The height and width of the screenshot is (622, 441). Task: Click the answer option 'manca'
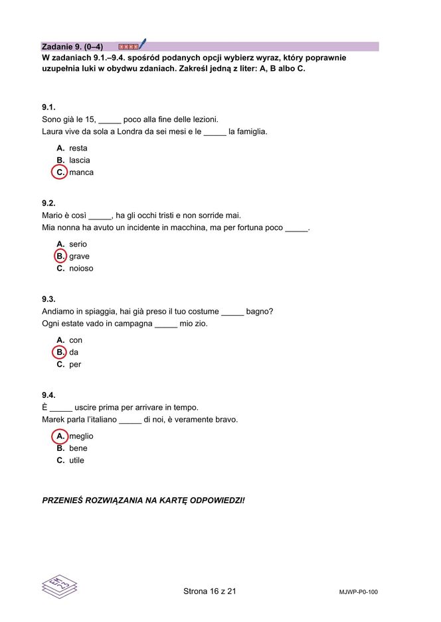(x=81, y=172)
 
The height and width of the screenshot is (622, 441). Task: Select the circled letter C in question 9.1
(x=60, y=172)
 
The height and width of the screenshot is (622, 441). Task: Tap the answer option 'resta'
(x=78, y=149)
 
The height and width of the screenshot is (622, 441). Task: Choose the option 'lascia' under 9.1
(x=79, y=160)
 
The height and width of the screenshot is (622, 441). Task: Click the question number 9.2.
(x=48, y=204)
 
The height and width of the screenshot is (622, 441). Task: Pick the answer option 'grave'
(x=79, y=257)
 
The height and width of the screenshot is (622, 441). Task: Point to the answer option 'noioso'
(x=81, y=269)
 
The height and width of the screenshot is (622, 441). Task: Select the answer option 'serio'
(x=78, y=245)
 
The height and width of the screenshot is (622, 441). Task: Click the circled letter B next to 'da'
(x=60, y=352)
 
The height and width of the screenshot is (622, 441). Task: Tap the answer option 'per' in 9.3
(x=75, y=365)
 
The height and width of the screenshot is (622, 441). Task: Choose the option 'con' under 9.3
(x=76, y=340)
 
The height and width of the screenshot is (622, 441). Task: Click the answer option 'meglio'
(x=81, y=436)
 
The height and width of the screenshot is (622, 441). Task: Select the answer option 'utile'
(x=76, y=460)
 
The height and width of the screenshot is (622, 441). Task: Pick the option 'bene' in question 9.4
(x=78, y=448)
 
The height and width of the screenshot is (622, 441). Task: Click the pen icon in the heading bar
(x=142, y=44)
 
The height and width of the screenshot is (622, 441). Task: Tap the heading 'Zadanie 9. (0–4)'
(x=72, y=47)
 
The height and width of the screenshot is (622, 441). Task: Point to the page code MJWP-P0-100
(x=359, y=592)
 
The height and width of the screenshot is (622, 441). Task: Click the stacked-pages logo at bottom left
(x=60, y=587)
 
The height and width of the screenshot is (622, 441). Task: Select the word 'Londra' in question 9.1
(x=131, y=131)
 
